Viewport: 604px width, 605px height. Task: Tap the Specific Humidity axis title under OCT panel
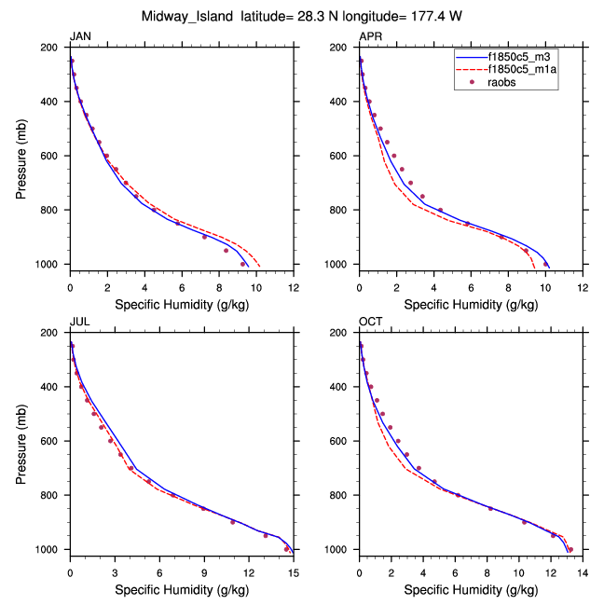point(471,588)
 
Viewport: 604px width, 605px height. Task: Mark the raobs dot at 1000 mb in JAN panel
point(243,264)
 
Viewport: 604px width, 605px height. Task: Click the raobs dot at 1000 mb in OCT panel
point(570,549)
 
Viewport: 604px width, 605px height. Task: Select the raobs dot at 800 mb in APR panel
point(440,210)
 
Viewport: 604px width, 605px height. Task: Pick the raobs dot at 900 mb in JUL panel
point(233,522)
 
